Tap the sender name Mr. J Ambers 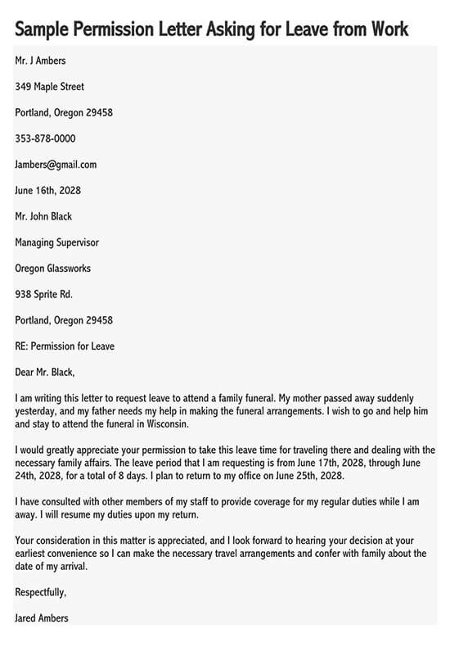(x=40, y=61)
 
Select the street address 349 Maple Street (x=49, y=87)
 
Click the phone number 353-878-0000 (x=45, y=138)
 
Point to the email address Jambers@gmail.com (x=56, y=165)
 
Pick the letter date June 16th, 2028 (x=47, y=191)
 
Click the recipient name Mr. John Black (x=43, y=216)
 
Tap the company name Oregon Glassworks (x=52, y=268)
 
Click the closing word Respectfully (x=41, y=592)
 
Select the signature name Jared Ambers (x=42, y=618)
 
